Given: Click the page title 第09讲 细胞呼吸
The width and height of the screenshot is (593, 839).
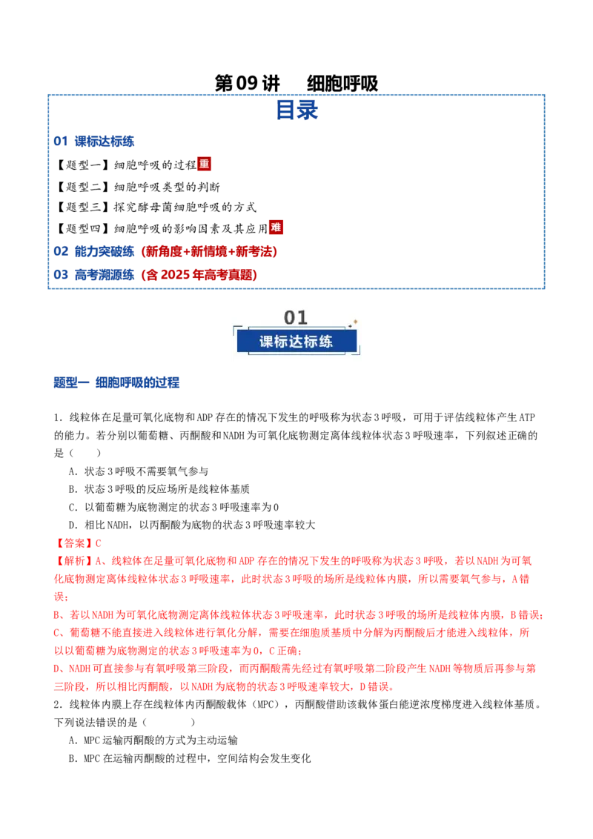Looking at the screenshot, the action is (x=296, y=83).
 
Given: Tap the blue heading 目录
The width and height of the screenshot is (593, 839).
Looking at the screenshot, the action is (x=296, y=110).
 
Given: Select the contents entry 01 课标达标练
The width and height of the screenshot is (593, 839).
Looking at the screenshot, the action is (x=93, y=142).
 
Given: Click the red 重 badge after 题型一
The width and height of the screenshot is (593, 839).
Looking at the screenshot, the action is (x=204, y=164).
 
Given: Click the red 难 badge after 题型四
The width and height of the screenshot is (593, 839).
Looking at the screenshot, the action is (x=276, y=228).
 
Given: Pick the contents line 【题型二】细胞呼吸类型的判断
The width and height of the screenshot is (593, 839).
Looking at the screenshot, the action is (x=138, y=187).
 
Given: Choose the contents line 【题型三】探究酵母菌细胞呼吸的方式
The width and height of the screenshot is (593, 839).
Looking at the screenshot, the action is (x=156, y=207).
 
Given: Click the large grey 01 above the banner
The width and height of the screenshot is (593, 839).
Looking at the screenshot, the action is (x=296, y=317).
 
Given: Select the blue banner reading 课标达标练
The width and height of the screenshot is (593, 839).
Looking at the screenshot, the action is (x=296, y=342).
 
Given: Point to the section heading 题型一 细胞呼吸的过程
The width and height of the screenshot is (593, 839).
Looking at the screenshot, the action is (x=116, y=382).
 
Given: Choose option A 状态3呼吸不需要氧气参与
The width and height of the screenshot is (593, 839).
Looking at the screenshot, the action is (x=139, y=471).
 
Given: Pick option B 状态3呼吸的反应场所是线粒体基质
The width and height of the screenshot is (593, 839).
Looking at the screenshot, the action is (x=159, y=489).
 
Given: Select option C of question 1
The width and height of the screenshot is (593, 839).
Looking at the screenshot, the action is (x=173, y=507).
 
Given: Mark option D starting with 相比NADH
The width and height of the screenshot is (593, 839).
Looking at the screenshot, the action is (x=191, y=525).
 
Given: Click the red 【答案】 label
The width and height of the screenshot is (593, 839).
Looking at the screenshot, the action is (x=74, y=543).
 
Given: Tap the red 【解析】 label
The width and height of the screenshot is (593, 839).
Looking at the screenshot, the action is (x=74, y=561).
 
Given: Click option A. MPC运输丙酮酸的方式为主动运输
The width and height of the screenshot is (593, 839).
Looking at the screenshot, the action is (x=153, y=740).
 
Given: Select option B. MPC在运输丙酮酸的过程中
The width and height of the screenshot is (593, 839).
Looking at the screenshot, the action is (x=190, y=758).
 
